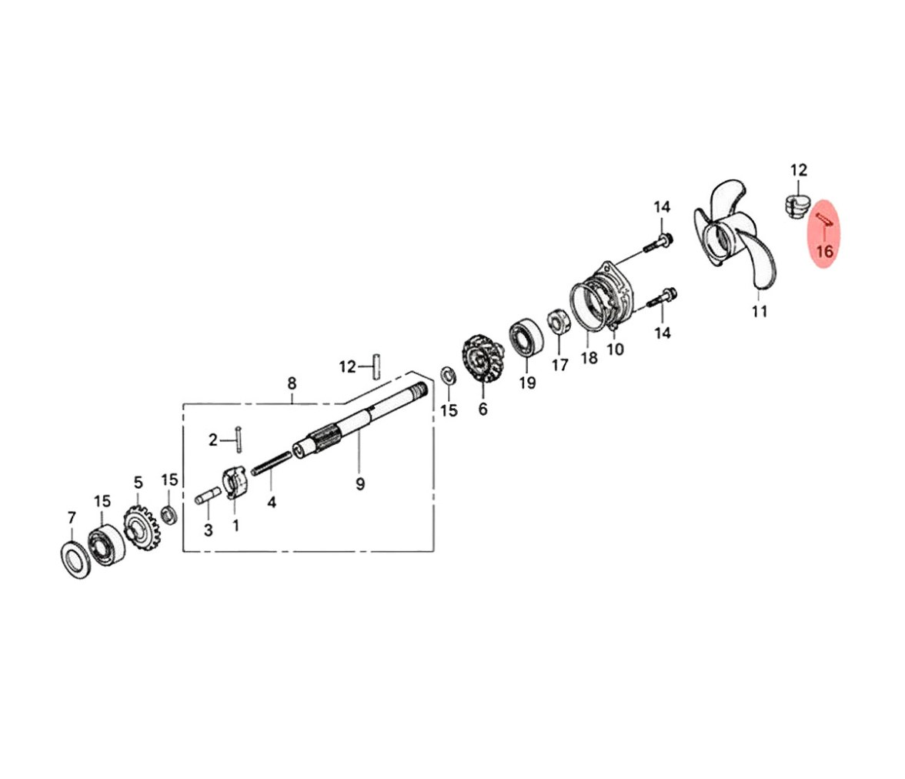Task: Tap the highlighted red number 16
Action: [x=825, y=251]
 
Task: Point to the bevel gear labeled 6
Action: [x=482, y=358]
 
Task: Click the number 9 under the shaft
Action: [x=360, y=484]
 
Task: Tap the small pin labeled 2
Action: [x=238, y=440]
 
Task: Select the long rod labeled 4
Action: [x=272, y=463]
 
